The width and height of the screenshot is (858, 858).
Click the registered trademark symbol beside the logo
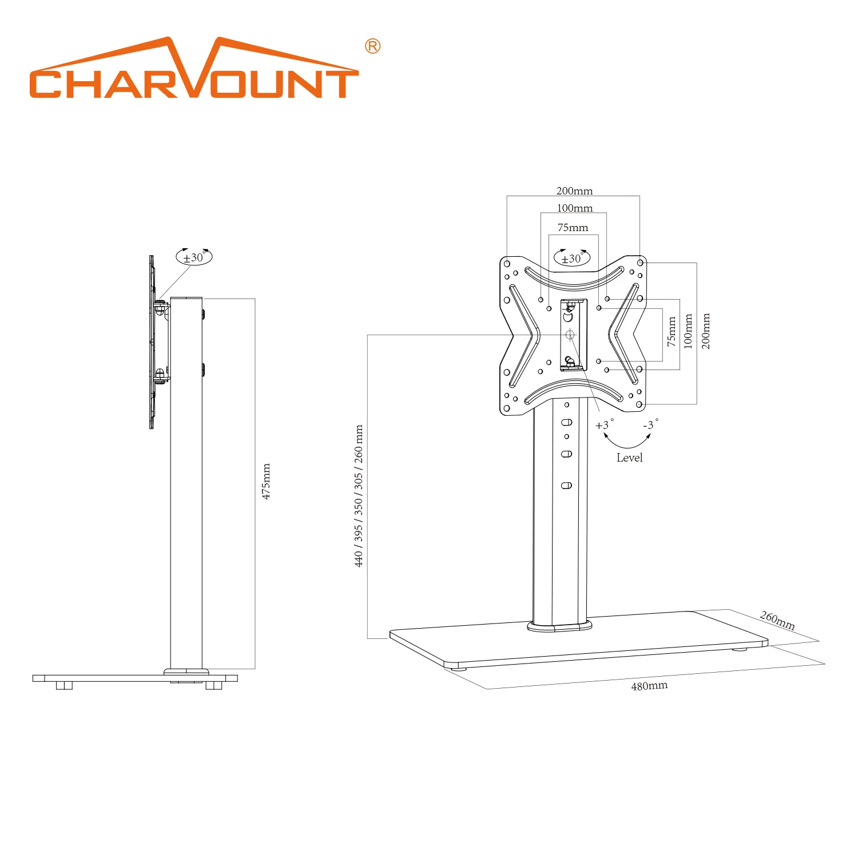372,46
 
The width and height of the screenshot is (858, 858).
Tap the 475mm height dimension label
266,482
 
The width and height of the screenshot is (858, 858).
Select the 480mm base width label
649,686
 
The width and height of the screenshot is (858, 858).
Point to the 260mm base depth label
777,620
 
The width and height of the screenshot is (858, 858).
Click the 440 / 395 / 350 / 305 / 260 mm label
359,496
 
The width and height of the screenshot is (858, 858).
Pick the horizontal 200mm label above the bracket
574,191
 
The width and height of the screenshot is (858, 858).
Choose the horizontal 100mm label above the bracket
575,208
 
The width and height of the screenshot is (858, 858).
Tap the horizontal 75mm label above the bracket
573,228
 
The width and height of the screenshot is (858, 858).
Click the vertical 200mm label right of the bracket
706,331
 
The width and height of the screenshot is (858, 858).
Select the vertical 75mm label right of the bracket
672,332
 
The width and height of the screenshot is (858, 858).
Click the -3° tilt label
650,424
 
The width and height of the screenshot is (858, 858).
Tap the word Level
629,458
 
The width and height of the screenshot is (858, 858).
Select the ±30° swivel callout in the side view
194,257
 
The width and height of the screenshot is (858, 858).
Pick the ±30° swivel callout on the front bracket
572,258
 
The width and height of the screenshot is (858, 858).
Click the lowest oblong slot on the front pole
566,486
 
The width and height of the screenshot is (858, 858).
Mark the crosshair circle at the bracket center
570,335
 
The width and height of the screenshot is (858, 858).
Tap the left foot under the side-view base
64,685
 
